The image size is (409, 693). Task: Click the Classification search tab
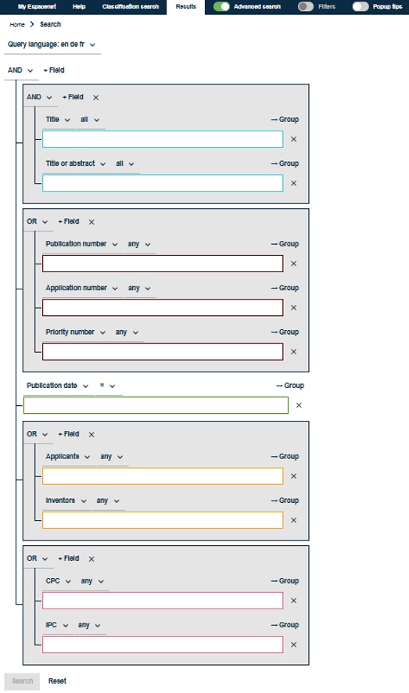point(131,6)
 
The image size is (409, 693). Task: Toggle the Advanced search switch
point(221,6)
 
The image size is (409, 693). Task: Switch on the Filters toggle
point(306,6)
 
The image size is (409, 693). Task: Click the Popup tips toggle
point(361,6)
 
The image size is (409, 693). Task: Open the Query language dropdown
point(52,45)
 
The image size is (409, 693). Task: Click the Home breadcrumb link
point(17,25)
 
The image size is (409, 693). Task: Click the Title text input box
point(163,139)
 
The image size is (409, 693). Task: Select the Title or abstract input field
point(163,183)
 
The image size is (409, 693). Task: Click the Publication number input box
point(163,264)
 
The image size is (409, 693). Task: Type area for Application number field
point(163,307)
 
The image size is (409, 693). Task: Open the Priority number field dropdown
point(76,332)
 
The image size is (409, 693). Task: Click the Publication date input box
point(156,405)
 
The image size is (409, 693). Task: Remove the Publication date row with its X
point(299,405)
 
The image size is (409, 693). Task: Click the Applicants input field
point(163,476)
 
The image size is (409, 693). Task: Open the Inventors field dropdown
point(66,501)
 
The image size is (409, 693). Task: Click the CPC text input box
point(163,601)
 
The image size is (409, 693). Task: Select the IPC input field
point(163,645)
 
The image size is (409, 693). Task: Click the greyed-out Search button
point(22,681)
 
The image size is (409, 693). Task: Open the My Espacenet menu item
point(37,6)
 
